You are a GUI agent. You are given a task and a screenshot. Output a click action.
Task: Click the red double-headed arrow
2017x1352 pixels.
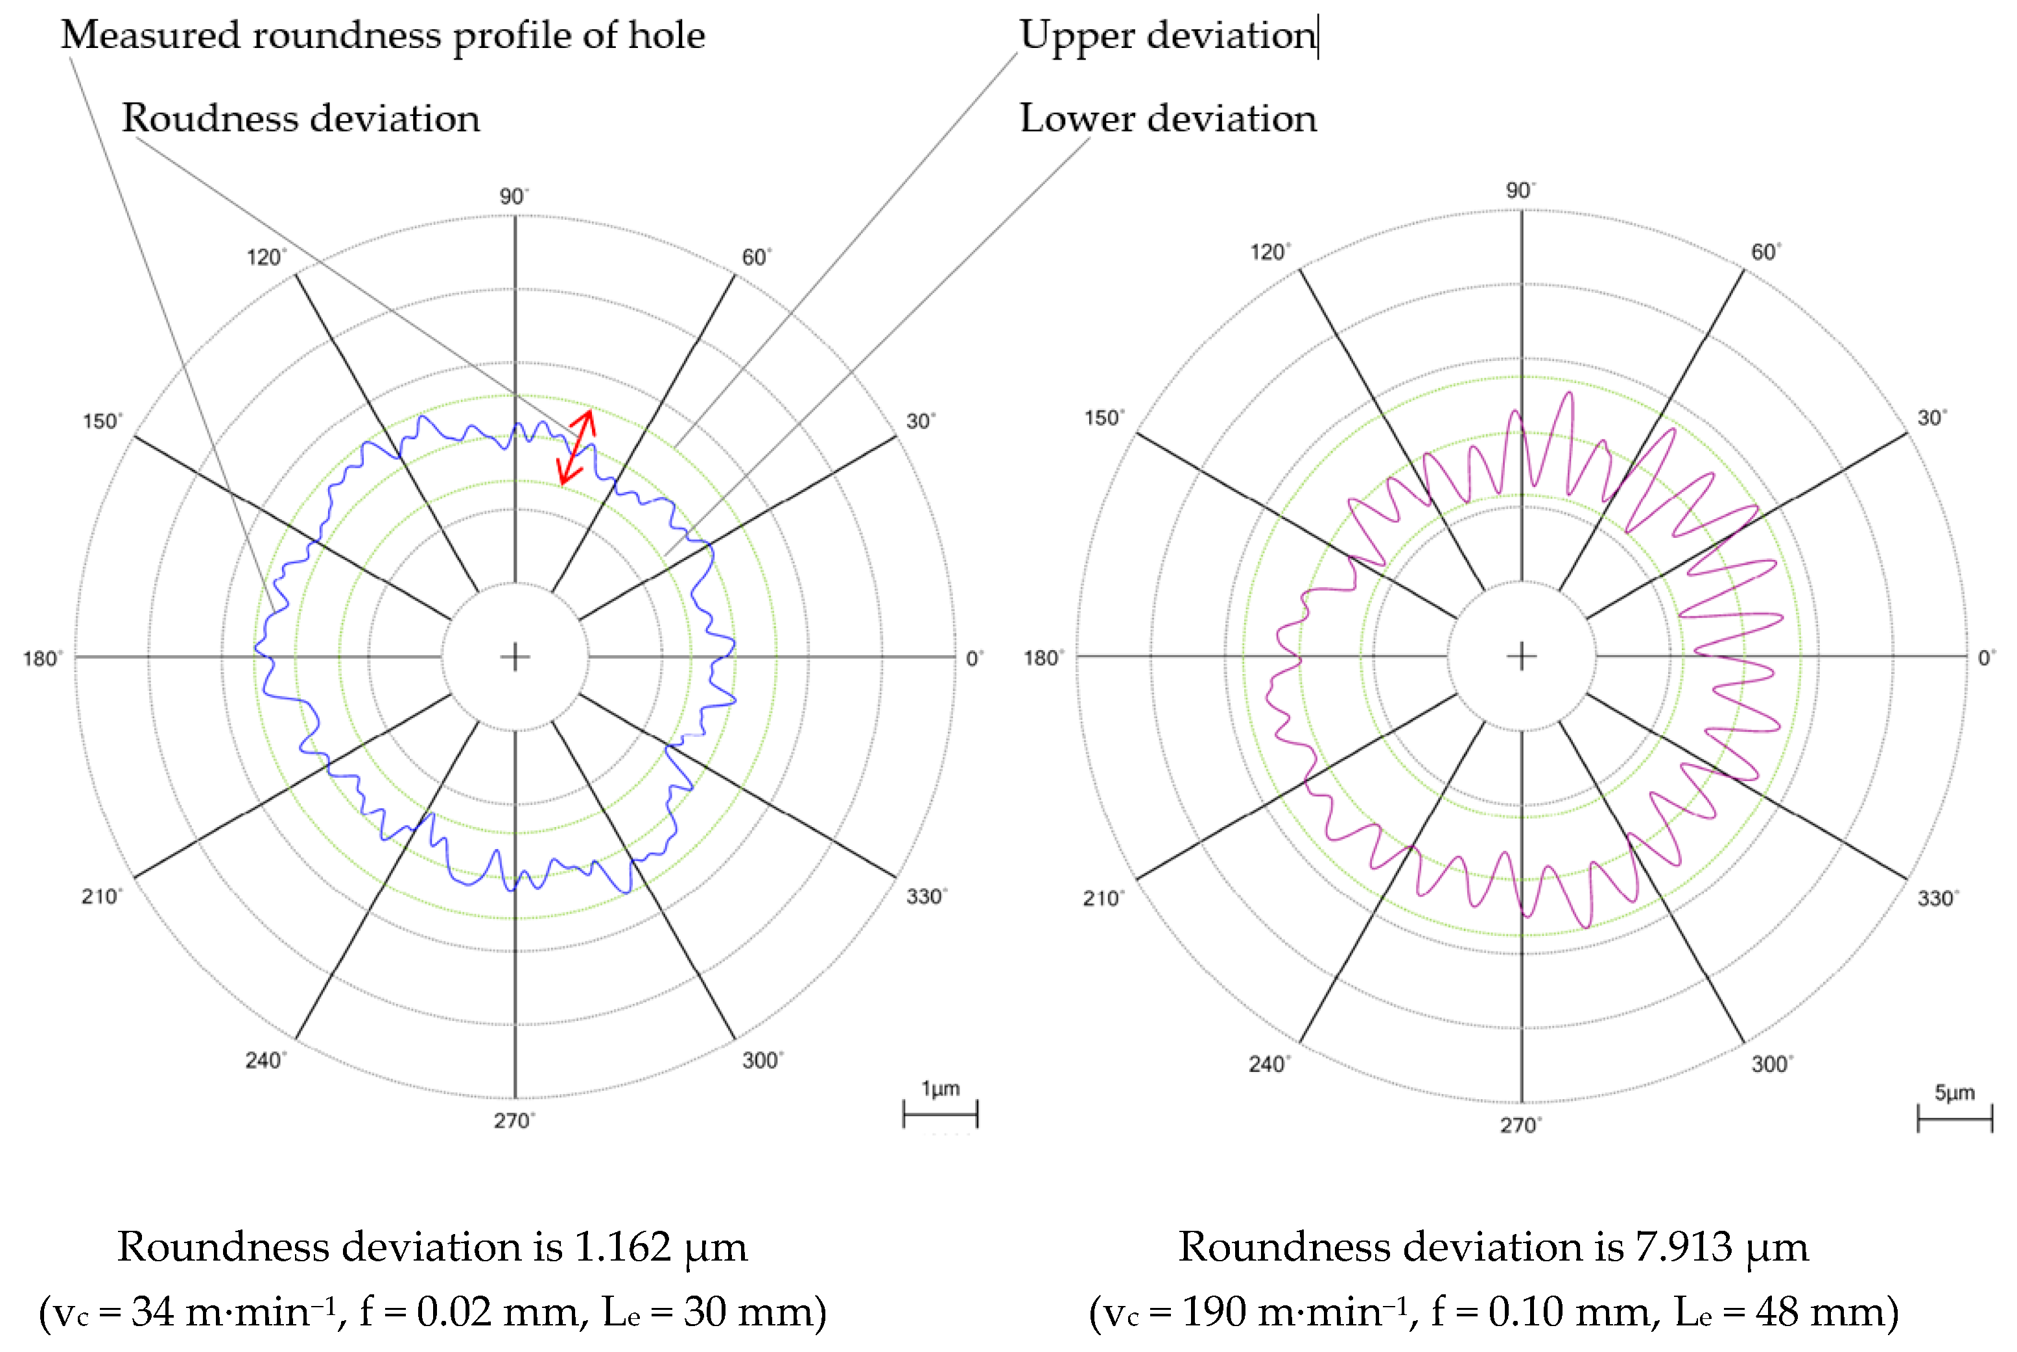[x=576, y=447]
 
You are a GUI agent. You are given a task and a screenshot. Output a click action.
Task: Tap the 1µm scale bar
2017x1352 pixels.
[x=940, y=1114]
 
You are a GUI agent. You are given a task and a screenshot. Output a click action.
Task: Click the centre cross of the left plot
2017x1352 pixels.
[x=515, y=657]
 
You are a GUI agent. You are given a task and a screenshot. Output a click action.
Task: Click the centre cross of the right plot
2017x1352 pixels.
[x=1521, y=657]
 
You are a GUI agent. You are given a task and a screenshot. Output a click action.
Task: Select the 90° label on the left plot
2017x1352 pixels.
[x=513, y=196]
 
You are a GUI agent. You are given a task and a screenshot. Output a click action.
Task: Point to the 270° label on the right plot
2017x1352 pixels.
[x=1520, y=1125]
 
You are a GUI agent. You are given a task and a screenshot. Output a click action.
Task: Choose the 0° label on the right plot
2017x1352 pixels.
[x=1986, y=658]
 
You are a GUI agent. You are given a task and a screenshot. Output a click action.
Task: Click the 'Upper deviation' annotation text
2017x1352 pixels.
[x=1168, y=36]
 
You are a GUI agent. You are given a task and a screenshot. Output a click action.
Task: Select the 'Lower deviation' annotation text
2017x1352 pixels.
[x=1168, y=118]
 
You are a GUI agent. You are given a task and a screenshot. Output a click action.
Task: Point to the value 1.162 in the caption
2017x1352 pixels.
[x=622, y=1247]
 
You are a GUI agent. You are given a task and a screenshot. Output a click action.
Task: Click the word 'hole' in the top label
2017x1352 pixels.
[x=666, y=36]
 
